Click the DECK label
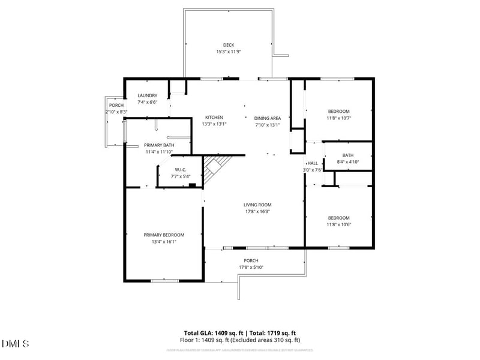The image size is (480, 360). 229,45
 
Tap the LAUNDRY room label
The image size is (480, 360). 148,96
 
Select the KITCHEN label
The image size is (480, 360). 214,117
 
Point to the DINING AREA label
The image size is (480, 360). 268,118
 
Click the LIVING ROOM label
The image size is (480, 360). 257,205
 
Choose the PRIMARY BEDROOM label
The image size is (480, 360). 164,235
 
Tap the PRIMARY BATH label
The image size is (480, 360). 160,145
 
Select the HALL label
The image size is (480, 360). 313,163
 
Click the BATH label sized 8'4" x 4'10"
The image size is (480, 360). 348,155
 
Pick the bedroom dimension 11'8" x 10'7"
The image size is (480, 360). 339,118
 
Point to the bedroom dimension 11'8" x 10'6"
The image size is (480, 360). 339,225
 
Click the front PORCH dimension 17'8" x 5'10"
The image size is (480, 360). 251,268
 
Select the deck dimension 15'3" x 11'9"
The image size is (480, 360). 229,52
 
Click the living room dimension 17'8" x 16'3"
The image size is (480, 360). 257,211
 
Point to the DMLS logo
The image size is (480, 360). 16,344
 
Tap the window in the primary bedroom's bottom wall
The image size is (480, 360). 164,280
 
